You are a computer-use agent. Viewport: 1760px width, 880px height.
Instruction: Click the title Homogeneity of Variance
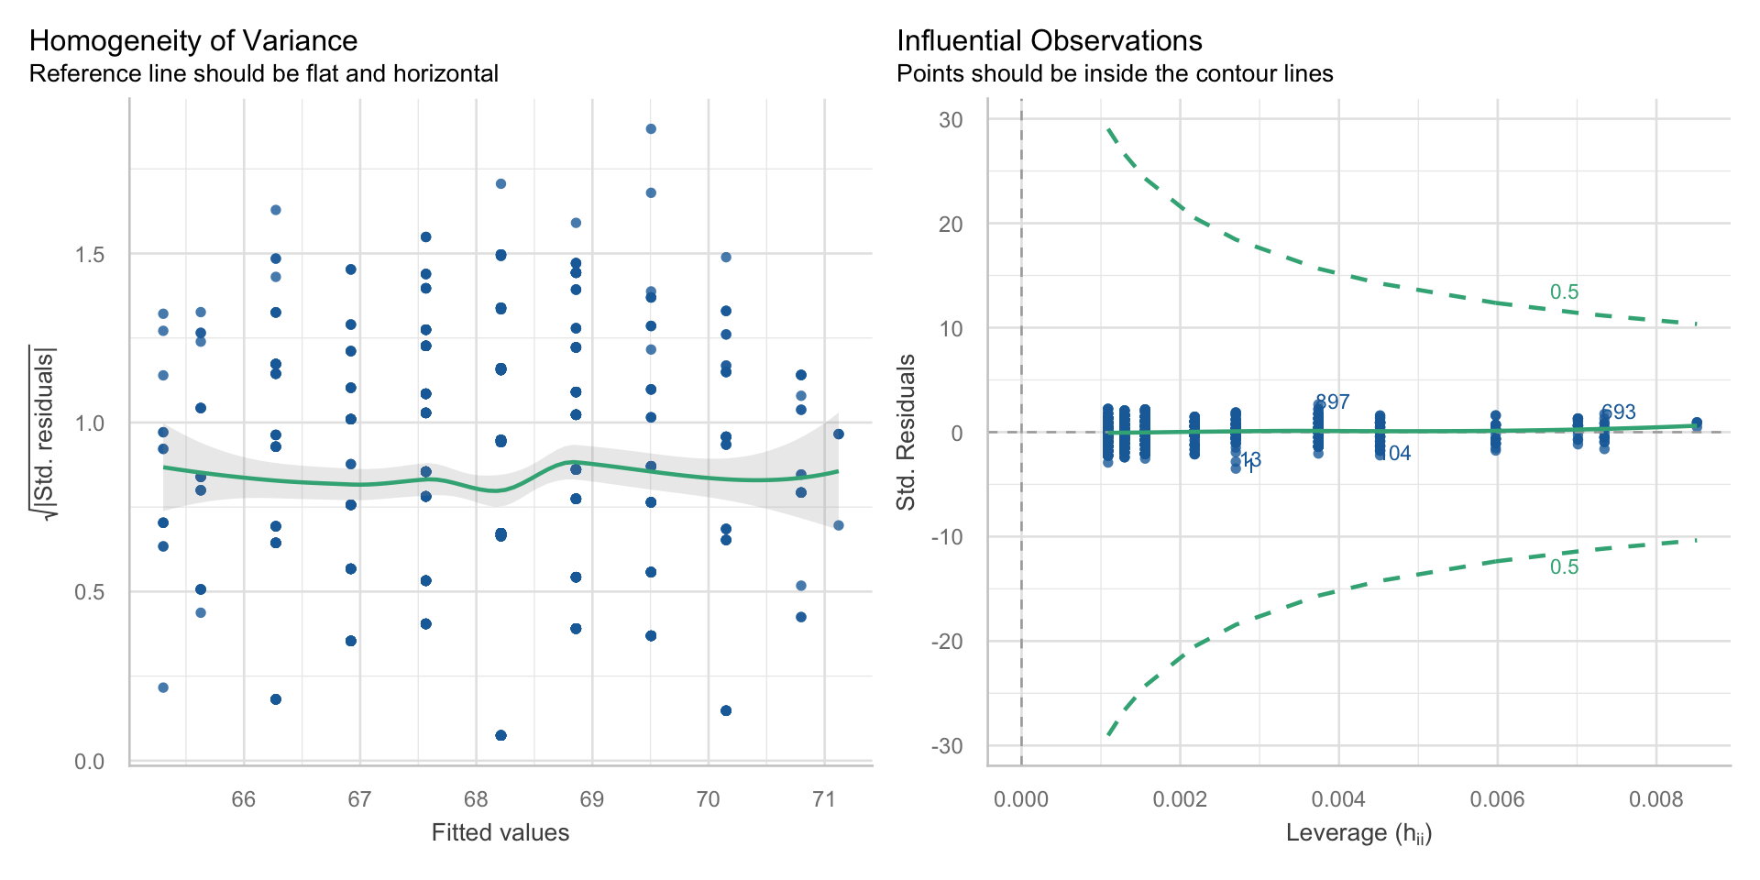coord(193,41)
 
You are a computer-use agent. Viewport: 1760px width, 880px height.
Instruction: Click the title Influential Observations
coord(1049,41)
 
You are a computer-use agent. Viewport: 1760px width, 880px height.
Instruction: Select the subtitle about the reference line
coord(264,74)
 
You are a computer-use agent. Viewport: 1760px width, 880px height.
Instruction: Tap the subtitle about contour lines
coord(1115,74)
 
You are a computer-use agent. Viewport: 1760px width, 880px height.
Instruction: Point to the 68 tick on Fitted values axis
coord(476,799)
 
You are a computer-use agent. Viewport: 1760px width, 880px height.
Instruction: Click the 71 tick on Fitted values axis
coord(824,799)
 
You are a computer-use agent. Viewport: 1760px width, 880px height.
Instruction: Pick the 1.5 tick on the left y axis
coord(90,255)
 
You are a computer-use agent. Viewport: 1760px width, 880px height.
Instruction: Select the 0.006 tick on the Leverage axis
coord(1497,799)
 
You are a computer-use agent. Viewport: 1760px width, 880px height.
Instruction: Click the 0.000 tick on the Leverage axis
coord(1020,799)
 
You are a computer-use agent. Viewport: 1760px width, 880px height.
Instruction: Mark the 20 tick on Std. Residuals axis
coord(951,225)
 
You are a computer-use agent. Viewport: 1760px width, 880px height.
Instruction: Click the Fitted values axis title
coord(500,832)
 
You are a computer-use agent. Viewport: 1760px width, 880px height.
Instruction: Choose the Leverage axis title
coord(1358,832)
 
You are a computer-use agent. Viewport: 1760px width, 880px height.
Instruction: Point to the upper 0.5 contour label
coord(1564,292)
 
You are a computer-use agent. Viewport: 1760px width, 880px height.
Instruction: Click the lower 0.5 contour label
coord(1564,567)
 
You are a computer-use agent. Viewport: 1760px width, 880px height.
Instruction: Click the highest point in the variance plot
coord(651,129)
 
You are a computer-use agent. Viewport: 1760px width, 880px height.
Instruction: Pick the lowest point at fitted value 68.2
coord(500,735)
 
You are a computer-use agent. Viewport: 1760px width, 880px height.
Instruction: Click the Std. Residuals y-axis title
coord(907,432)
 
